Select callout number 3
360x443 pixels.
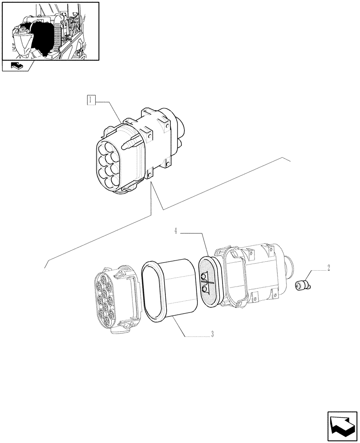point(212,335)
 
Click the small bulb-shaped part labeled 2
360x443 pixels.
point(302,285)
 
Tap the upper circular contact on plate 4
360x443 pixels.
point(204,277)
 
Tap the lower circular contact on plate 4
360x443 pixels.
point(204,290)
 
